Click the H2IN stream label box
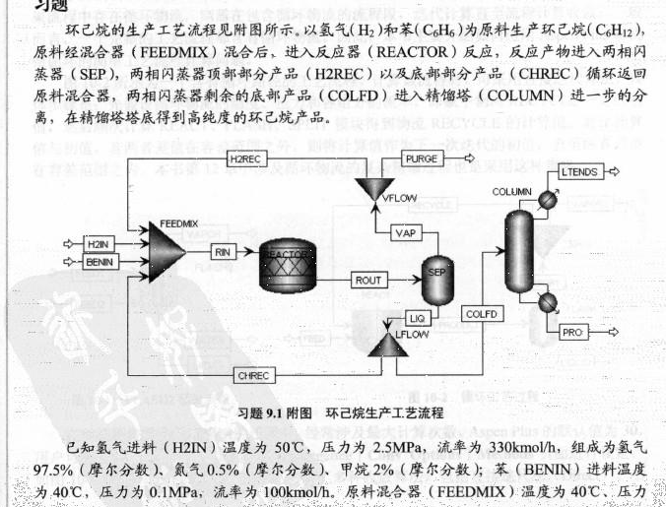point(97,242)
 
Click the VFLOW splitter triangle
point(375,187)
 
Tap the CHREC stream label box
point(255,374)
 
